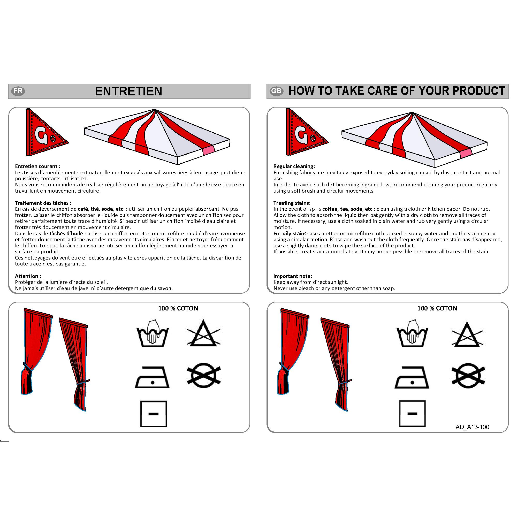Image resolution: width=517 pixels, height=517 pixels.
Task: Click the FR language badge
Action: tap(18, 91)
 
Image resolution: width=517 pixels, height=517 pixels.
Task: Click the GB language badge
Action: tap(276, 91)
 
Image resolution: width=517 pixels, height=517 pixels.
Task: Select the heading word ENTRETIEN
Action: tap(128, 91)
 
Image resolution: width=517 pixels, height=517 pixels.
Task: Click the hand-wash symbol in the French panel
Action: tap(152, 333)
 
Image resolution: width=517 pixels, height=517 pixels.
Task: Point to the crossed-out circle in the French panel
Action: tap(204, 375)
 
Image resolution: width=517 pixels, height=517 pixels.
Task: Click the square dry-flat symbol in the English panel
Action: tap(412, 413)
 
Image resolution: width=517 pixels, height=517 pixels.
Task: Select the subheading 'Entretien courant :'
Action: tap(37, 166)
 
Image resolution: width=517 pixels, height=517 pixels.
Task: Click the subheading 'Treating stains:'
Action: tap(292, 203)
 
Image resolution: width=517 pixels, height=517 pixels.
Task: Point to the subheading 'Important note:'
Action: tap(293, 276)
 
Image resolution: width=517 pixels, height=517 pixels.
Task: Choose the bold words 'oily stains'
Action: tap(294, 233)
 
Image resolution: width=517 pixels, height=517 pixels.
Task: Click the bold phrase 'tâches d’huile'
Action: tap(66, 233)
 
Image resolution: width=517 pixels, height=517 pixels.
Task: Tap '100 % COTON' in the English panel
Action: tap(437, 308)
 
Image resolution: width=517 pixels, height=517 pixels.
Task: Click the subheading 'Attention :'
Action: tap(28, 276)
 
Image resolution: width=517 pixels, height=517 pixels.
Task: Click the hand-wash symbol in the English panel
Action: tap(412, 333)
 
